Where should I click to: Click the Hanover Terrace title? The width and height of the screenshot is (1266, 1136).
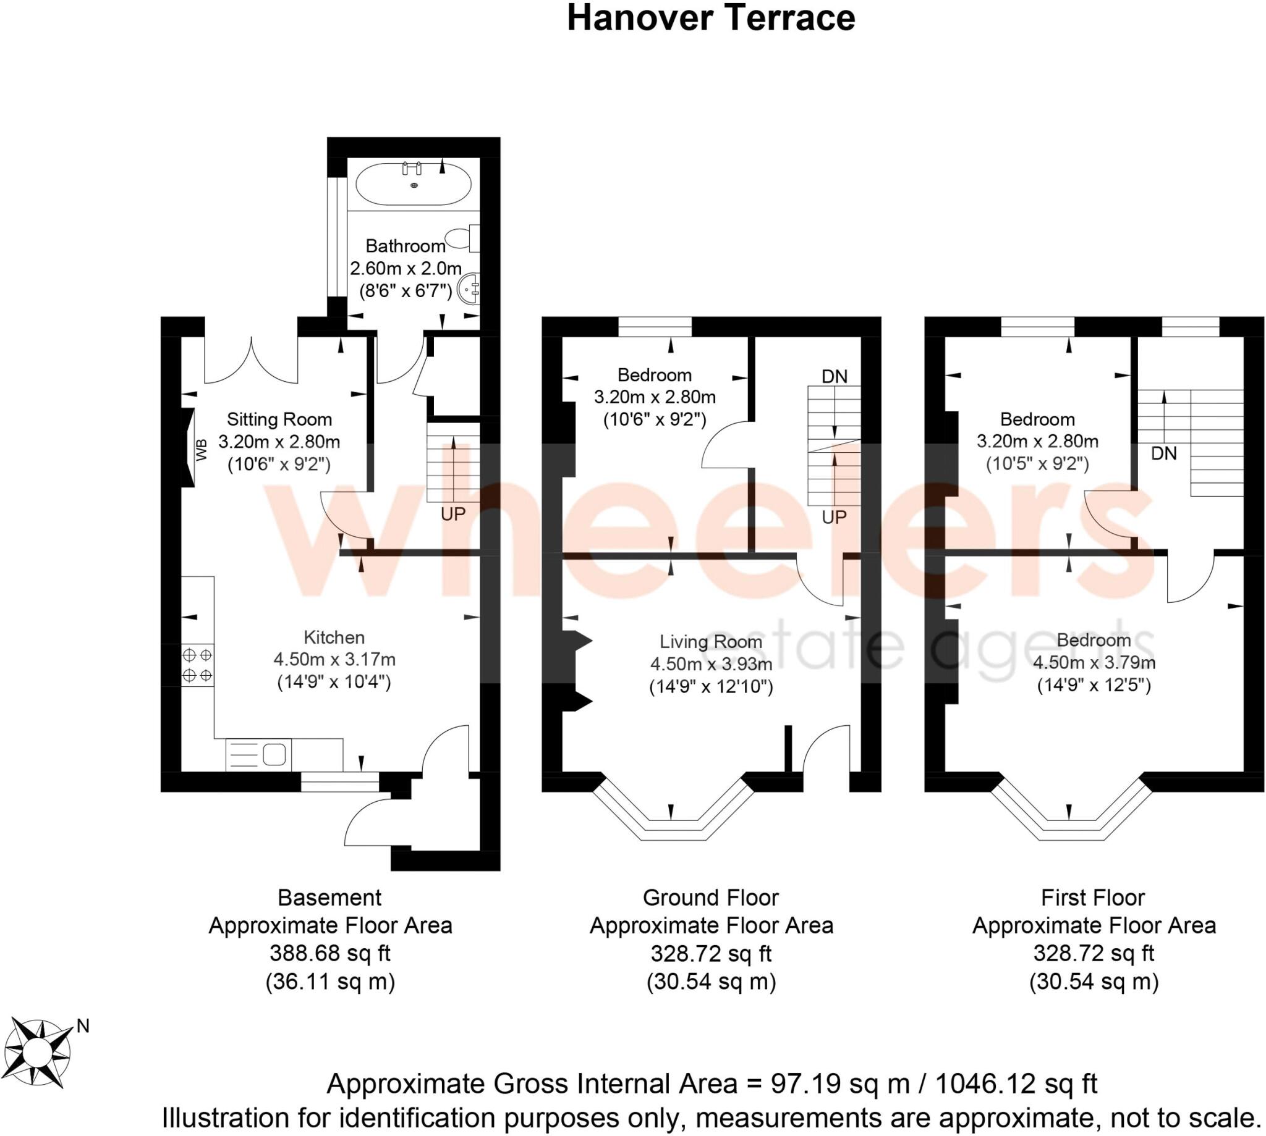(710, 19)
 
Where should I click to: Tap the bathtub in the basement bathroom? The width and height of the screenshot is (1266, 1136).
(414, 184)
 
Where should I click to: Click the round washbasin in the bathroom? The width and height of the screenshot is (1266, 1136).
(470, 290)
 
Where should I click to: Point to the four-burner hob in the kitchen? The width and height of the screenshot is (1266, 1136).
(197, 665)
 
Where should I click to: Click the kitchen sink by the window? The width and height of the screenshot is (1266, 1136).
(274, 755)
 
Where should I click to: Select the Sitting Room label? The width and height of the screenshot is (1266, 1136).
(279, 419)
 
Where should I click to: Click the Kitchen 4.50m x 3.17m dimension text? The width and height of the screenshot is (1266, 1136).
(334, 660)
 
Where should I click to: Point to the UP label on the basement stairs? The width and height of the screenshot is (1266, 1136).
(453, 515)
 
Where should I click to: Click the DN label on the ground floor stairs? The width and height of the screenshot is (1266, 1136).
(835, 376)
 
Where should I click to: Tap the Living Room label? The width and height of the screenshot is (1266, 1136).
(711, 642)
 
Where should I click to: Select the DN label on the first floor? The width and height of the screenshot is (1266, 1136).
(1163, 454)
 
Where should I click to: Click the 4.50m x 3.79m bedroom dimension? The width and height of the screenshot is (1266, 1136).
(1094, 662)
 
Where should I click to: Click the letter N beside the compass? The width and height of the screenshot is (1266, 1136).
(82, 1026)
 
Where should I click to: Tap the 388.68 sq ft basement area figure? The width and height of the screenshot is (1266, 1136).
(329, 953)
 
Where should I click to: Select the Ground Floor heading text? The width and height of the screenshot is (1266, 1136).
(710, 898)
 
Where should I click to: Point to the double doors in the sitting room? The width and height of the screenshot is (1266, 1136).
(251, 362)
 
